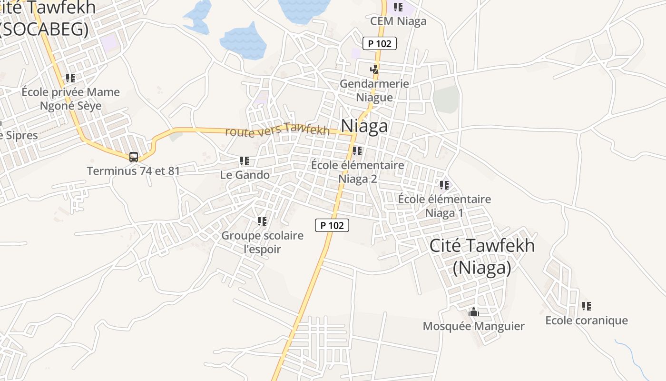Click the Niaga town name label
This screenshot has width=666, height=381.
click(364, 126)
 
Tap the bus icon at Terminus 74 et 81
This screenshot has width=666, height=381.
click(134, 157)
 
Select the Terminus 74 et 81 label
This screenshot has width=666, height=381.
click(133, 170)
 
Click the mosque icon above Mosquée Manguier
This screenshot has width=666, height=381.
click(473, 312)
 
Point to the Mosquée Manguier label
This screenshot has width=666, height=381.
click(473, 326)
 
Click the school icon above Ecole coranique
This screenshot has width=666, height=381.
click(586, 306)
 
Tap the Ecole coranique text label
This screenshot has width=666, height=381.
click(586, 321)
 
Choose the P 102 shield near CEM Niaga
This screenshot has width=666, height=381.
click(380, 44)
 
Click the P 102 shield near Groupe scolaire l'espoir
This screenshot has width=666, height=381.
click(332, 225)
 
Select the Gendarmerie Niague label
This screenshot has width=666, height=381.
click(374, 90)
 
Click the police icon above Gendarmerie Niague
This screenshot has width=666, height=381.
click(374, 70)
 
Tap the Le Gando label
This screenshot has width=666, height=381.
click(245, 175)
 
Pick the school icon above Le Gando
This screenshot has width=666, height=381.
click(245, 161)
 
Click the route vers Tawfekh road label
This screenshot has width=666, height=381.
click(277, 130)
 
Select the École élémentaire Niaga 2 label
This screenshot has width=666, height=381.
click(357, 172)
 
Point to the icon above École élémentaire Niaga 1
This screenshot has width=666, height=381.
click(444, 185)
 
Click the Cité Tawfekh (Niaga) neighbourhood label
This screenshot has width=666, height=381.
click(482, 257)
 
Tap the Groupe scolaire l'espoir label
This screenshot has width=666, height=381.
click(262, 242)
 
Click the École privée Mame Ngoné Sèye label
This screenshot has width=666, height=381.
click(70, 99)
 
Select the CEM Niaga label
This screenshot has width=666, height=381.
click(398, 21)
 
